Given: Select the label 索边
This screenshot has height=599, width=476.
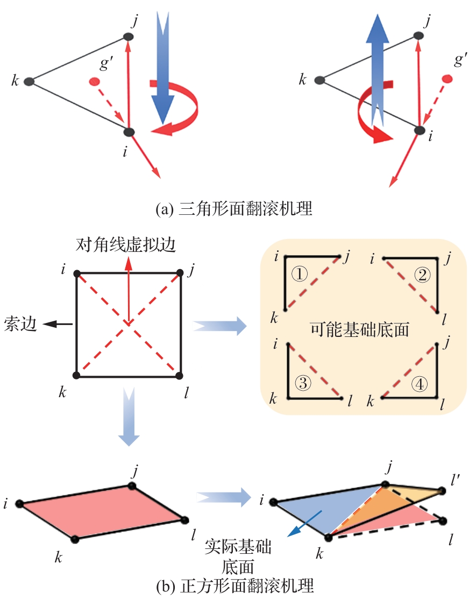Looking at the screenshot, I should [20, 324].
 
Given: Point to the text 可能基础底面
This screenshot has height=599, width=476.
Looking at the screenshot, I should [360, 329].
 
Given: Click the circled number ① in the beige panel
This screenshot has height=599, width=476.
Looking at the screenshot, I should [300, 275].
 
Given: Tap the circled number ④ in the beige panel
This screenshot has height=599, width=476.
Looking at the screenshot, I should [420, 384].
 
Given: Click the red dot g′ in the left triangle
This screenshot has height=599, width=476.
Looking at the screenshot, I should [94, 82].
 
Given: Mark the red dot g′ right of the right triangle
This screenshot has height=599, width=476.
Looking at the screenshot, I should [446, 80].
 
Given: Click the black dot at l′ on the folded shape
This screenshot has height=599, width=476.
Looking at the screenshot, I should [442, 491].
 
